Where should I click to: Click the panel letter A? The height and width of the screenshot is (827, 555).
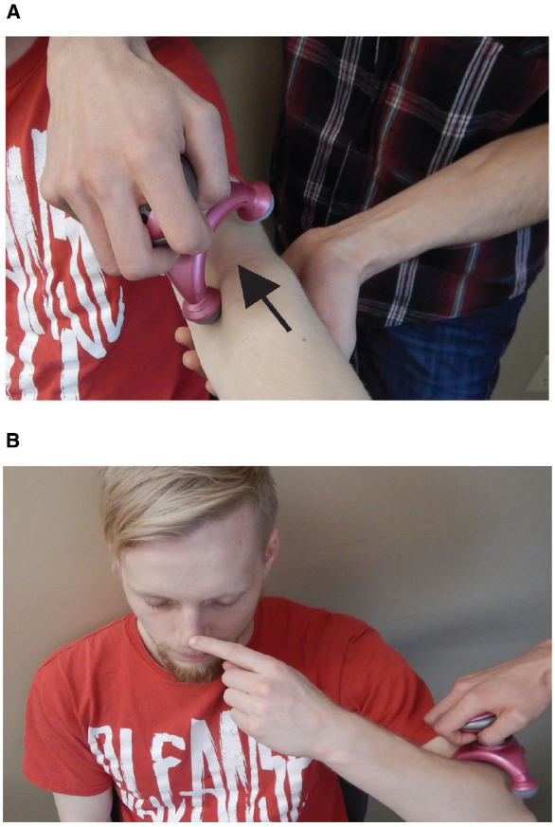[13, 13]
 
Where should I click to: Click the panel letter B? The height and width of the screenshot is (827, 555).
[13, 440]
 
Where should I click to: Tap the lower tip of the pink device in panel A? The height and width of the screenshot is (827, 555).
[204, 307]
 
